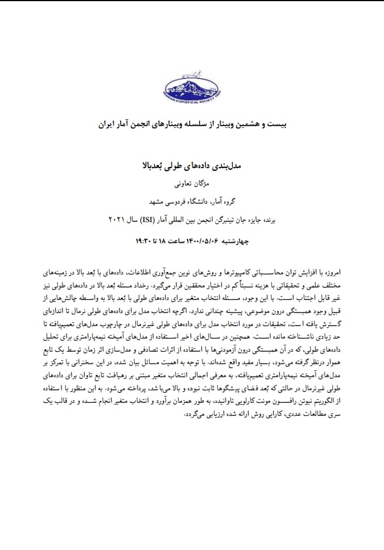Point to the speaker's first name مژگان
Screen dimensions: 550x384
[204, 185]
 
